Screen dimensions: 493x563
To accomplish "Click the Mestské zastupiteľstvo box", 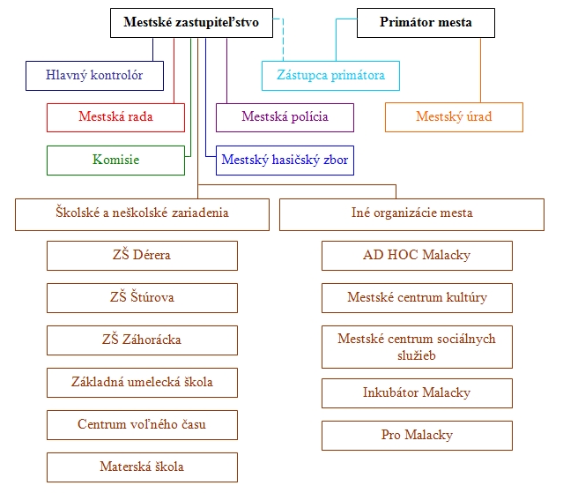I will [191, 23].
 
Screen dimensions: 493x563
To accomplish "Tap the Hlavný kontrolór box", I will [95, 76].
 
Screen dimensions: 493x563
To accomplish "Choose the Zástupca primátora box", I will [330, 76].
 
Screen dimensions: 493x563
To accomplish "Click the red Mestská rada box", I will [115, 117].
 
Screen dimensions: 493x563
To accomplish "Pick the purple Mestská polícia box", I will [285, 117].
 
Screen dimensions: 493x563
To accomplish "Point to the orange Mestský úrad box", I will [455, 117].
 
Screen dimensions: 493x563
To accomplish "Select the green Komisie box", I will [115, 160].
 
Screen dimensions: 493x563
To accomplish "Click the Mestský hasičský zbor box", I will [285, 160].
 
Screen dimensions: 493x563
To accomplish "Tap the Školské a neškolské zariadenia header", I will [142, 213].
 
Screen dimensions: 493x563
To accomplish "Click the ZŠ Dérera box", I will [142, 256].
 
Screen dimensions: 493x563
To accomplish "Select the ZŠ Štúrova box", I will [142, 298].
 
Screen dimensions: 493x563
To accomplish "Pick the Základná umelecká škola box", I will [142, 382].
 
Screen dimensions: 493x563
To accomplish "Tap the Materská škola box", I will [142, 467].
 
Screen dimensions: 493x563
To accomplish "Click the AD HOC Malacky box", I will [417, 256].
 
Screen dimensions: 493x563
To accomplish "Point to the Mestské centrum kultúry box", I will [417, 298].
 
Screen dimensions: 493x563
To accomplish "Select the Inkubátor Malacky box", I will [417, 393].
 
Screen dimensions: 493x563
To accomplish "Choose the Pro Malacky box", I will [417, 436].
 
